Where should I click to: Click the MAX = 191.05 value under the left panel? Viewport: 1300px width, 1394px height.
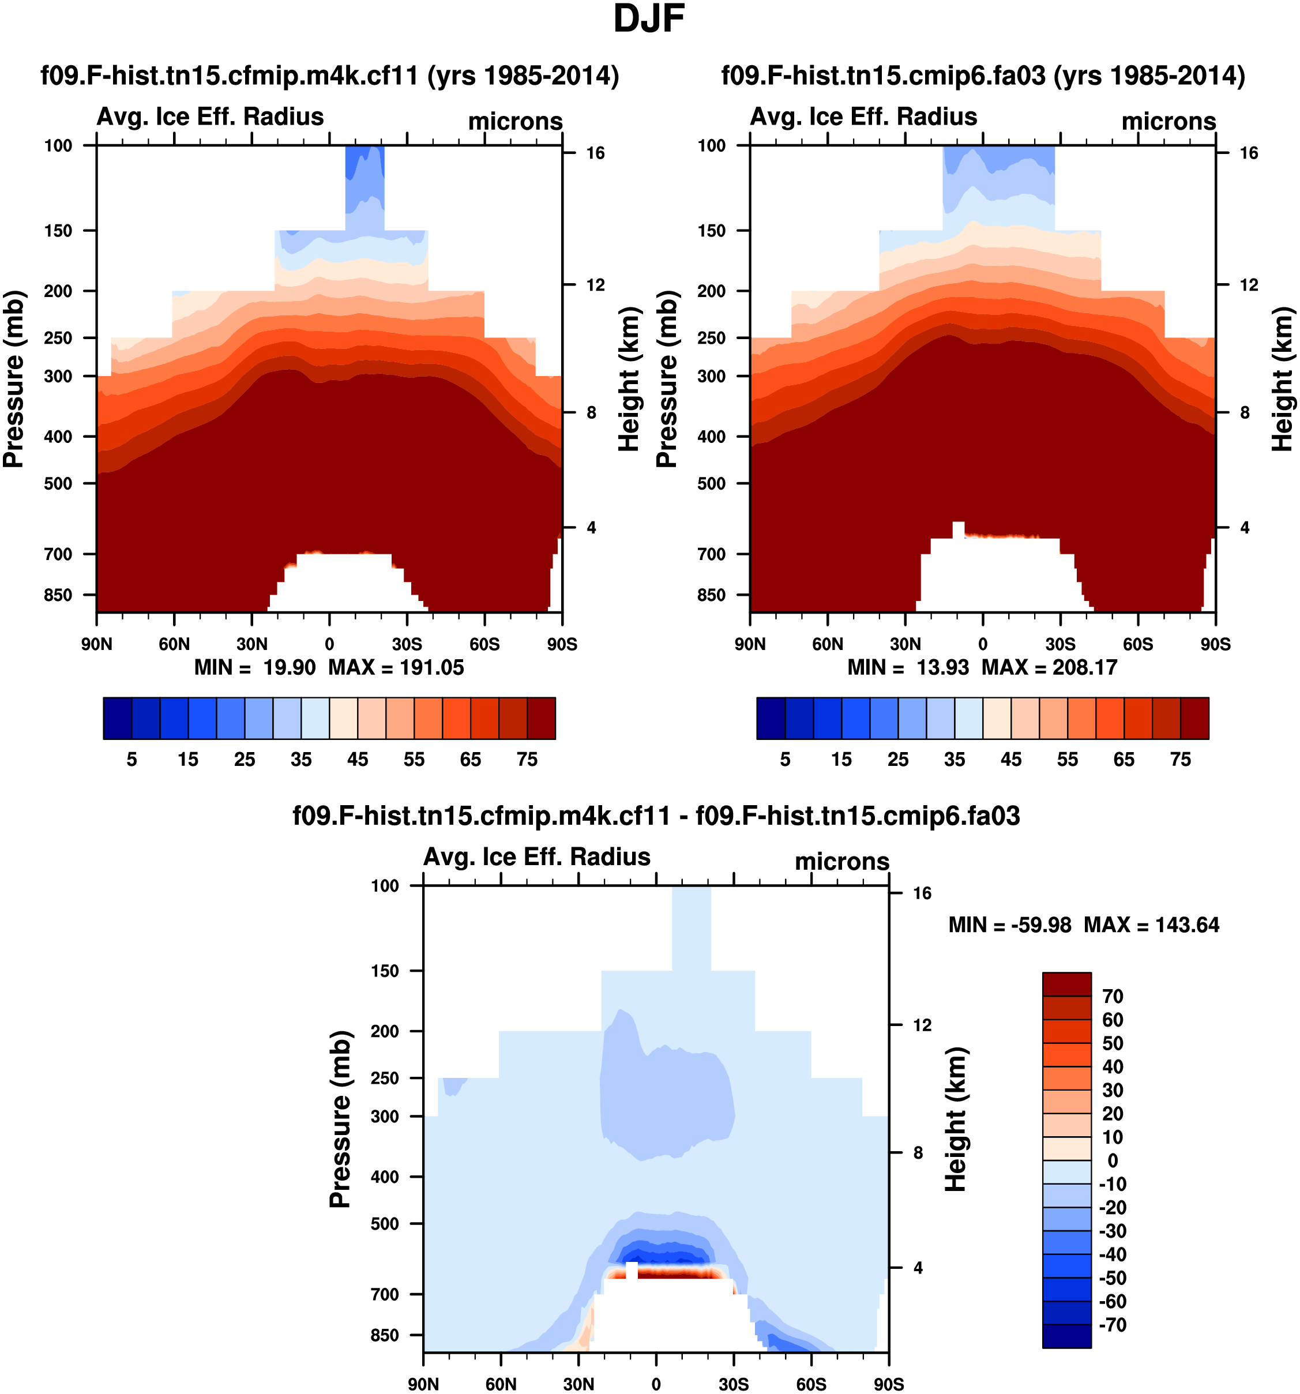pyautogui.click(x=396, y=667)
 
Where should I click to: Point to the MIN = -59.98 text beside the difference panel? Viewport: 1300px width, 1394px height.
pyautogui.click(x=1010, y=925)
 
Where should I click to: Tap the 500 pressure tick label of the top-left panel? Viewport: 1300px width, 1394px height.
pyautogui.click(x=58, y=483)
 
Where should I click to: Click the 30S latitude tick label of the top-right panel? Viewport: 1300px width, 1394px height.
pyautogui.click(x=1060, y=644)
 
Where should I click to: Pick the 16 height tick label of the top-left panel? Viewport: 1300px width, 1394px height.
pyautogui.click(x=595, y=153)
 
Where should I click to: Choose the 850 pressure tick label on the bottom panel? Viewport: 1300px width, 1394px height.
pyautogui.click(x=385, y=1335)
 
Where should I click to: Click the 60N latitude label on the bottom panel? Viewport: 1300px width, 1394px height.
pyautogui.click(x=501, y=1384)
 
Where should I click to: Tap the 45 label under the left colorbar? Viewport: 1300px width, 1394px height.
pyautogui.click(x=358, y=760)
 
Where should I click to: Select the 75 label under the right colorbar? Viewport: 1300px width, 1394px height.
pyautogui.click(x=1181, y=760)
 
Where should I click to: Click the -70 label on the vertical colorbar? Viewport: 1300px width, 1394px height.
pyautogui.click(x=1112, y=1325)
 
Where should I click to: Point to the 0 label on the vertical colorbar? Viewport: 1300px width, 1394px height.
pyautogui.click(x=1112, y=1160)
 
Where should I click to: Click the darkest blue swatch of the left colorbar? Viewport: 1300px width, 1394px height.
pyautogui.click(x=117, y=718)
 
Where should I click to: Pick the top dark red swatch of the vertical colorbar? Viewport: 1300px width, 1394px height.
pyautogui.click(x=1066, y=985)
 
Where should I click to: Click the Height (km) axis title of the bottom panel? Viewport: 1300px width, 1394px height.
pyautogui.click(x=956, y=1120)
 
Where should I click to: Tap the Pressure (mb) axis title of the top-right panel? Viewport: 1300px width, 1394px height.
pyautogui.click(x=667, y=379)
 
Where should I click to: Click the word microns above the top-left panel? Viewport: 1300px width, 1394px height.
pyautogui.click(x=516, y=121)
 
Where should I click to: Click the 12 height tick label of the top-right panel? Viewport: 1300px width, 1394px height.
pyautogui.click(x=1249, y=285)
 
